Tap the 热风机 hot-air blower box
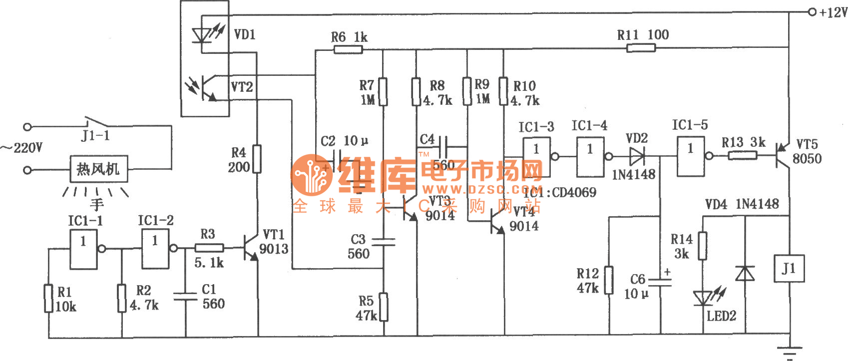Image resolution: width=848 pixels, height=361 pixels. pos(98,169)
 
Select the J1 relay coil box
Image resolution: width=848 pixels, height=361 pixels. pos(789,269)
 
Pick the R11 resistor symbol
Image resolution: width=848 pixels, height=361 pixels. pos(641,48)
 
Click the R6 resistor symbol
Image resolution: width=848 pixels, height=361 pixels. pos(348,49)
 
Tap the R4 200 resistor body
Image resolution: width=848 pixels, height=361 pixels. pos(257,159)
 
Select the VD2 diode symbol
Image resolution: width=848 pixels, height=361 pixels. pos(637,156)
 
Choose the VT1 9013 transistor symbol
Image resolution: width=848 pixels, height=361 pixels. pos(251,248)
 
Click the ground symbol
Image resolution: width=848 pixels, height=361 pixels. pos(789,352)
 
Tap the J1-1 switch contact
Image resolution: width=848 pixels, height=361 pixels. pos(94,122)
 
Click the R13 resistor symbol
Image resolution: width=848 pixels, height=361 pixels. pos(742,156)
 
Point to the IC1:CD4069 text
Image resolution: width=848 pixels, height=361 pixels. pos(560,193)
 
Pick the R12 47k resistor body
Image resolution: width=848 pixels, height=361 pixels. pos(609,280)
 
